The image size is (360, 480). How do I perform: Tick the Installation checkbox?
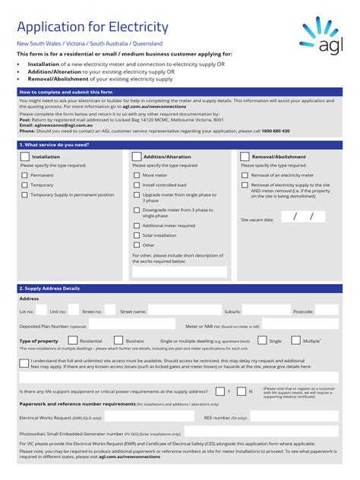click(x=25, y=156)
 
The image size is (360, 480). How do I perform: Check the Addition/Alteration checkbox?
click(x=137, y=156)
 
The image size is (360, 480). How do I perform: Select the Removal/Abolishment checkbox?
click(x=245, y=156)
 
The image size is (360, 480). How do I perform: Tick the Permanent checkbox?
click(x=24, y=175)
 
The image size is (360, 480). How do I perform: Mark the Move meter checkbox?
click(x=137, y=175)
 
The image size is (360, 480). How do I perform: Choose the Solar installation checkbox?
click(x=137, y=235)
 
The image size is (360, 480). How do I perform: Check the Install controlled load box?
click(x=137, y=185)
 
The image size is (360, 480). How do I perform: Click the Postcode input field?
click(x=327, y=311)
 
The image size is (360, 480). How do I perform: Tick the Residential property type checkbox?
click(x=74, y=341)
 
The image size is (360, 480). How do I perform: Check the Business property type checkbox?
click(x=118, y=341)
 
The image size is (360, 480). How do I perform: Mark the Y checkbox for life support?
click(x=219, y=391)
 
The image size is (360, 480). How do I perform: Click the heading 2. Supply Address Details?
click(x=49, y=289)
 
